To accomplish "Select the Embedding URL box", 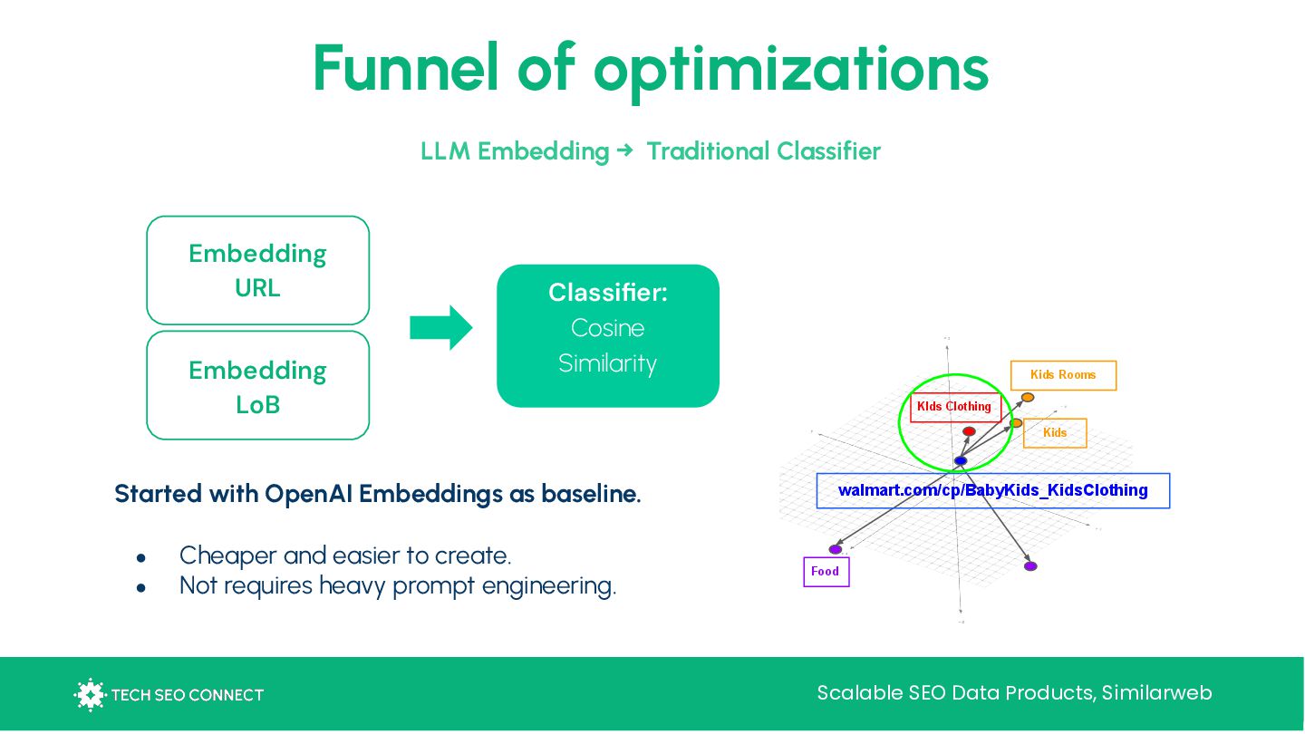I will [x=257, y=270].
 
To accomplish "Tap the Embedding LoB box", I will [x=257, y=386].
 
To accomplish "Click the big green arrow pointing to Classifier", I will [x=441, y=327].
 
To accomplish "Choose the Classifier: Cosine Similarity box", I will [x=607, y=335].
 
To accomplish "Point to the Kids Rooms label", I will [x=1063, y=375].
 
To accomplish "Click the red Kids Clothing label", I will [x=954, y=407].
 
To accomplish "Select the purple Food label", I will [x=826, y=572].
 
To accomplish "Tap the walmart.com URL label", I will [x=992, y=490].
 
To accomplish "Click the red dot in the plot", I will [x=969, y=431].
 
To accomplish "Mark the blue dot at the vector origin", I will [x=961, y=461].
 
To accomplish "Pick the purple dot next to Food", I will [x=836, y=549].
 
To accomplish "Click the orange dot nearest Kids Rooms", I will [x=1027, y=397].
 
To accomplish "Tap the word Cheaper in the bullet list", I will [x=227, y=555].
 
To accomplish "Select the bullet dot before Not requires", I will [x=141, y=587].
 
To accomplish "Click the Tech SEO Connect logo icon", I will [x=89, y=695].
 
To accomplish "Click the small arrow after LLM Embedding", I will [x=624, y=150].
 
